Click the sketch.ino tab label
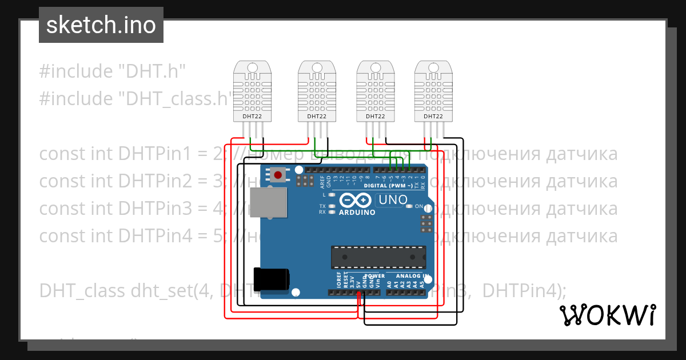pyautogui.click(x=101, y=25)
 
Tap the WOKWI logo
pyautogui.click(x=607, y=315)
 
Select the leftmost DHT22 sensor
pyautogui.click(x=252, y=91)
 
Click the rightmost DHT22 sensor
pyautogui.click(x=433, y=91)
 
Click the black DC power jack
pyautogui.click(x=270, y=278)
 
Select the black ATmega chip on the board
pyautogui.click(x=378, y=257)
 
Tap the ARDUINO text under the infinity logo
pyautogui.click(x=357, y=213)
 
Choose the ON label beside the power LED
pyautogui.click(x=419, y=206)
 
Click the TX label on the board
pyautogui.click(x=322, y=206)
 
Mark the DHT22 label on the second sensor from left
pyautogui.click(x=317, y=116)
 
